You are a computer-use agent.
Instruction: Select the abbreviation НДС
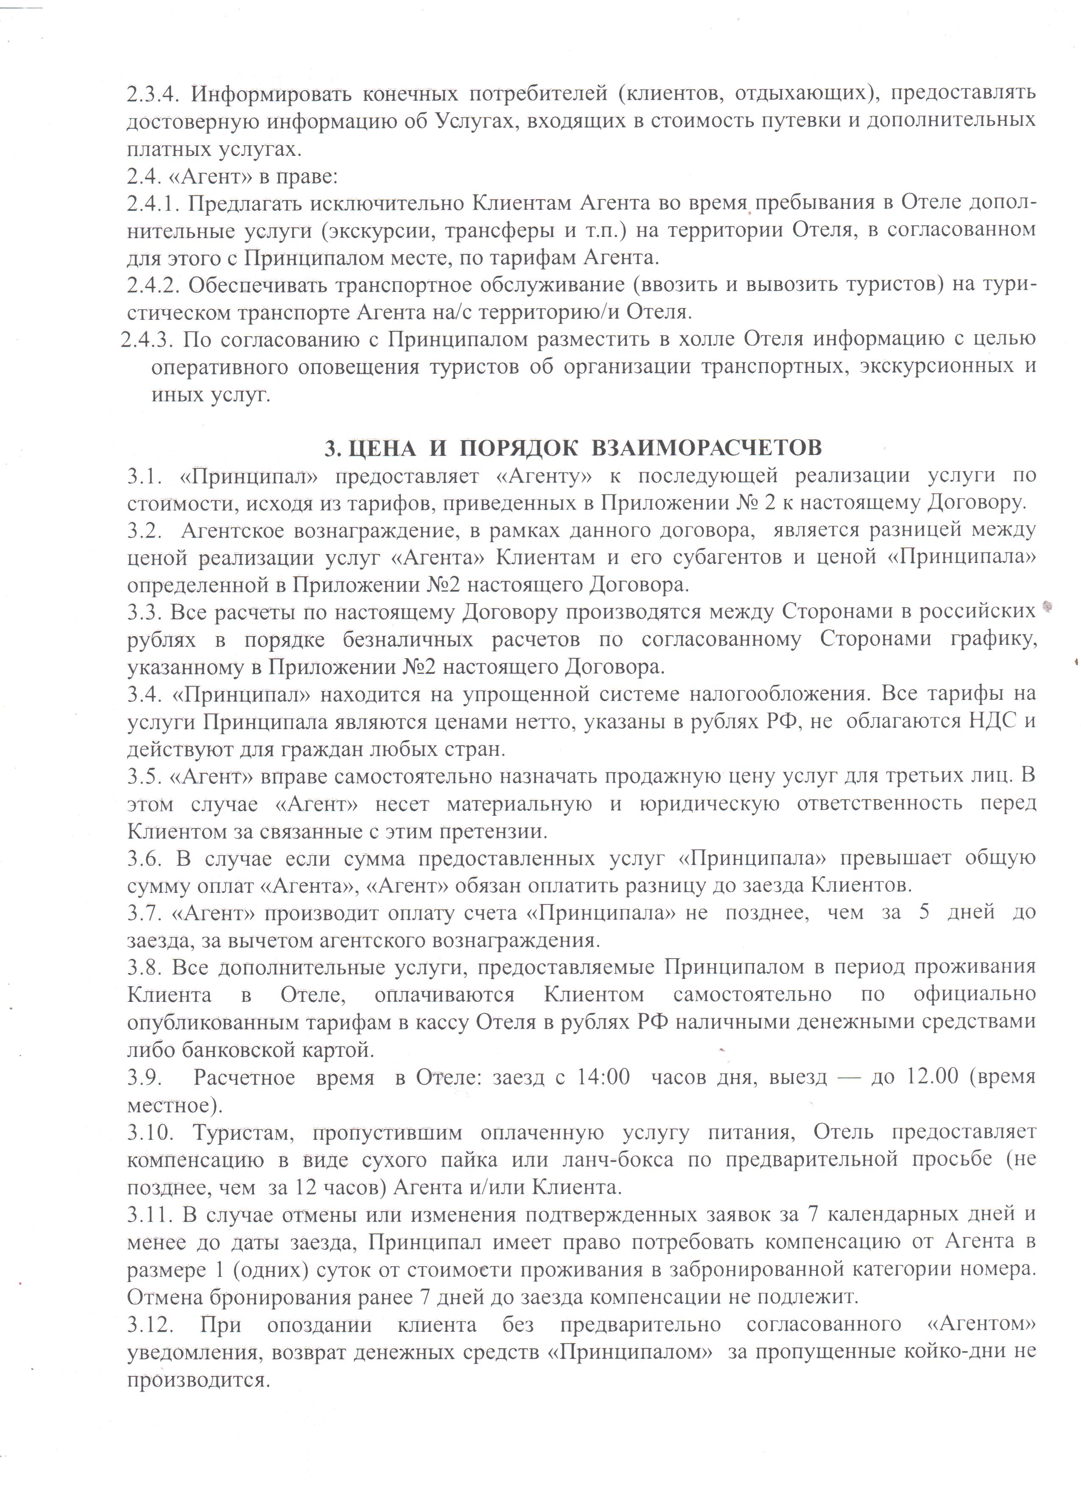pos(995,721)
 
